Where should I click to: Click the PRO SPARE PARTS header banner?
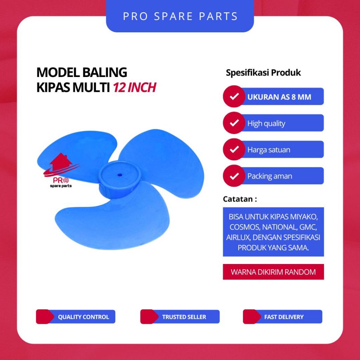180,16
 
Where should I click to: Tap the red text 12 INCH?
134,88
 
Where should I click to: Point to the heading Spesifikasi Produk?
263,73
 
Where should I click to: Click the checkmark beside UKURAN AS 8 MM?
234,97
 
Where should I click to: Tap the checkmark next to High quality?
234,123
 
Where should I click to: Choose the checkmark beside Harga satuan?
234,149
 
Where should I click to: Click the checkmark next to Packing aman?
234,176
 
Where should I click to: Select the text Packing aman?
270,176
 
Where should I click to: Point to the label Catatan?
240,199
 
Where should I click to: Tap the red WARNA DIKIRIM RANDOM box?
273,272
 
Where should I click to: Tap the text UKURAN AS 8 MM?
279,97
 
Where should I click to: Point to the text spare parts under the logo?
58,186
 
